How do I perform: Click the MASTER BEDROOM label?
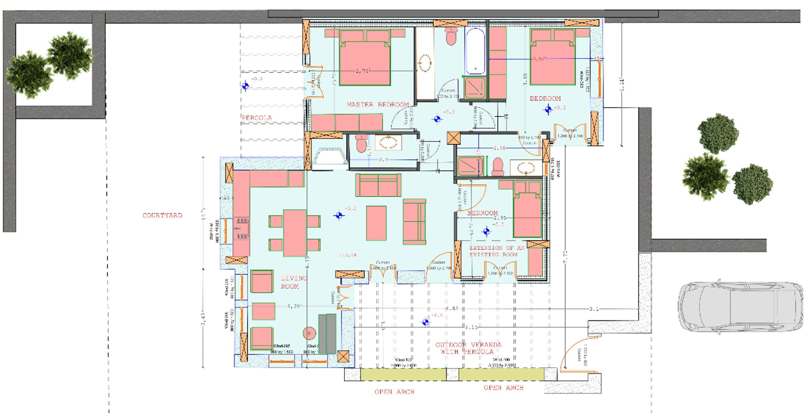point(378,104)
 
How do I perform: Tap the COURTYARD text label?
point(162,216)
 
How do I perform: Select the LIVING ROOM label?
point(294,282)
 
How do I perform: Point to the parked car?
point(741,306)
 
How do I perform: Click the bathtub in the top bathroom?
point(475,49)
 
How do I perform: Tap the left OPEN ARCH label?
point(394,392)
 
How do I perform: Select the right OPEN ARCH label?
point(503,388)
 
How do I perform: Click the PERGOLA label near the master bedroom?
point(257,117)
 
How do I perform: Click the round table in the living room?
point(307,333)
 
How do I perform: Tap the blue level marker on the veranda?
point(425,322)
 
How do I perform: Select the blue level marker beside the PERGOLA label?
point(245,87)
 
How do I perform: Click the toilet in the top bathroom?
point(451,36)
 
